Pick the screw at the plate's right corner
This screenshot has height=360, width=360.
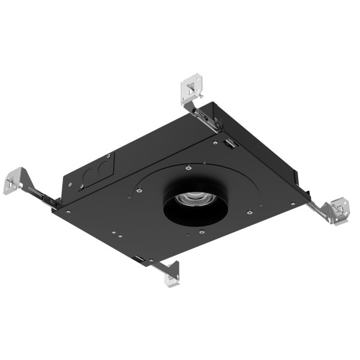pyautogui.click(x=292, y=203)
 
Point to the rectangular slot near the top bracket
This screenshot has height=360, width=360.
pyautogui.click(x=229, y=143)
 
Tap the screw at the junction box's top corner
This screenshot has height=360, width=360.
pyautogui.click(x=215, y=142)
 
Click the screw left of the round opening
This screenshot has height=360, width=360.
pyautogui.click(x=139, y=191)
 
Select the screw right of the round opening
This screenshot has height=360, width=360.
pyautogui.click(x=248, y=211)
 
